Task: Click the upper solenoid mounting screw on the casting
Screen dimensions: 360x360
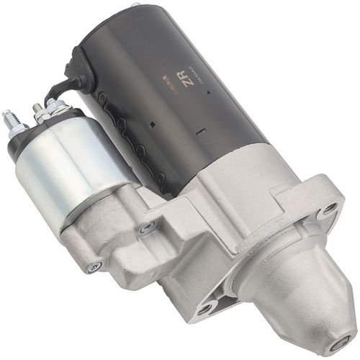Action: (x=147, y=228)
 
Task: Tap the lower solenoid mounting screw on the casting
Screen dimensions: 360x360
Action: (x=93, y=267)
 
